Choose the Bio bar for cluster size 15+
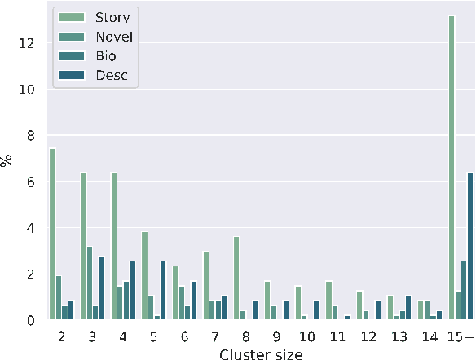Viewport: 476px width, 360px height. coord(464,291)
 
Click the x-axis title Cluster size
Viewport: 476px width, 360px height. coord(261,352)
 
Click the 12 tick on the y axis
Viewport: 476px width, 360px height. coord(26,44)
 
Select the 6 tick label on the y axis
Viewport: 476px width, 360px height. coord(29,182)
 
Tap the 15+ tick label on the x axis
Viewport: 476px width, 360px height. coord(461,335)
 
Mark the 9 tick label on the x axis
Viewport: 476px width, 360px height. coord(276,335)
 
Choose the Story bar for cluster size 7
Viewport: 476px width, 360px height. coord(206,286)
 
